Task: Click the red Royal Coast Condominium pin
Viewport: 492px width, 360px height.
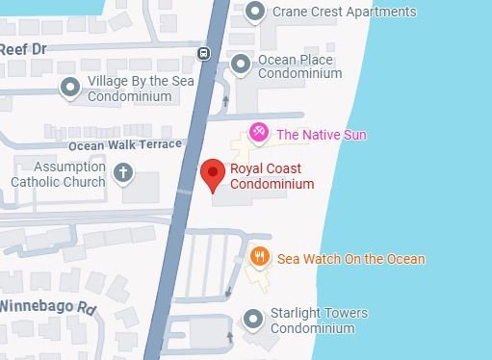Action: coord(213,174)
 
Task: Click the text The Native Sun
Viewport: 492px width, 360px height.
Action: coord(322,135)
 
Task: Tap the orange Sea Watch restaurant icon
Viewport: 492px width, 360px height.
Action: coord(258,257)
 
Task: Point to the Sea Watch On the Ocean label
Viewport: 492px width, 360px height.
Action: coord(350,259)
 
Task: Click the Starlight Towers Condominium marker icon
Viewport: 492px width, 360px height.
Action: coord(252,318)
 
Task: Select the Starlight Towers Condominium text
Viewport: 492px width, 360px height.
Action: coord(320,321)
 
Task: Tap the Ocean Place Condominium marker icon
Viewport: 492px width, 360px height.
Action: coord(241,64)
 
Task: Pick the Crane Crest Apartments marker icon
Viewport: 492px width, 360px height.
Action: coord(255,13)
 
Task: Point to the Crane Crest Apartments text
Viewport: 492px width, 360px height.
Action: coord(344,13)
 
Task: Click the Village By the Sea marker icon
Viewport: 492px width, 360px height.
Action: coord(70,88)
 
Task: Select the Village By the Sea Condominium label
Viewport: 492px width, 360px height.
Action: coord(141,88)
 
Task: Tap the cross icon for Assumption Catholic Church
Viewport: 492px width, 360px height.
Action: coord(122,173)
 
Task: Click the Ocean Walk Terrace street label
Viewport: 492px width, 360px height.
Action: coord(124,144)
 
